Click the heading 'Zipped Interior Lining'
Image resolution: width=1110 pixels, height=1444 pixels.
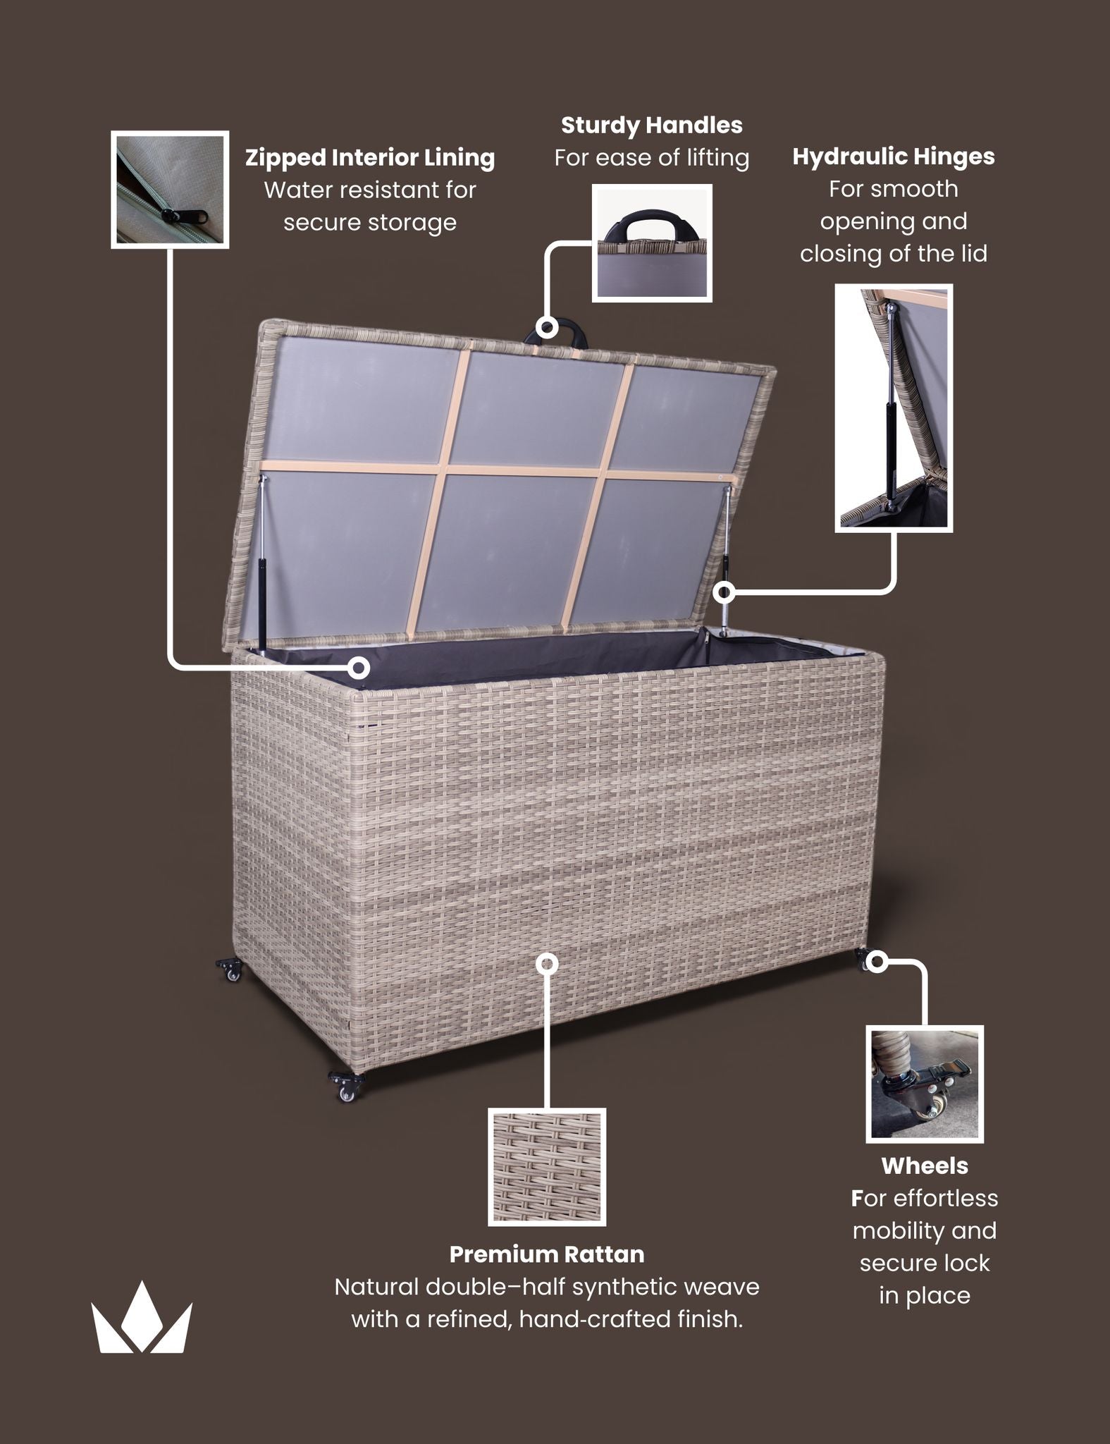[370, 158]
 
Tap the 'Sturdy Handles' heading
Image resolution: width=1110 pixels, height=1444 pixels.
[651, 126]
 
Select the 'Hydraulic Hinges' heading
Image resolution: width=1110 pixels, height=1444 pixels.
[893, 157]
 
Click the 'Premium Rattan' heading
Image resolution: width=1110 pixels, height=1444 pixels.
[547, 1254]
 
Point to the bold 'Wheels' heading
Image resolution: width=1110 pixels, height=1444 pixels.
[925, 1165]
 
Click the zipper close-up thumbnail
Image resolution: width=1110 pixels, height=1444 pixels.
[170, 189]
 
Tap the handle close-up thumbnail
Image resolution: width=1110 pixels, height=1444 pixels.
[652, 243]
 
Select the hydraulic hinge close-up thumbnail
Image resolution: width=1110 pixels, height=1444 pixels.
[894, 408]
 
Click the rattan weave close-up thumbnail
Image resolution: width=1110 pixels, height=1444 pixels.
[547, 1167]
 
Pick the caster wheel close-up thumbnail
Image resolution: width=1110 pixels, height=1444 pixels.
[925, 1084]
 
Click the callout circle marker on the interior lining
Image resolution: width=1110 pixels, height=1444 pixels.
[359, 667]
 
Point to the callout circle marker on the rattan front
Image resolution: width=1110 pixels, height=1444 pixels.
[547, 963]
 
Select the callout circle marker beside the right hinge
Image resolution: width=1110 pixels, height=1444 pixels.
[724, 592]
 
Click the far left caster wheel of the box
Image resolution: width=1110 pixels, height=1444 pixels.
[230, 969]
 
